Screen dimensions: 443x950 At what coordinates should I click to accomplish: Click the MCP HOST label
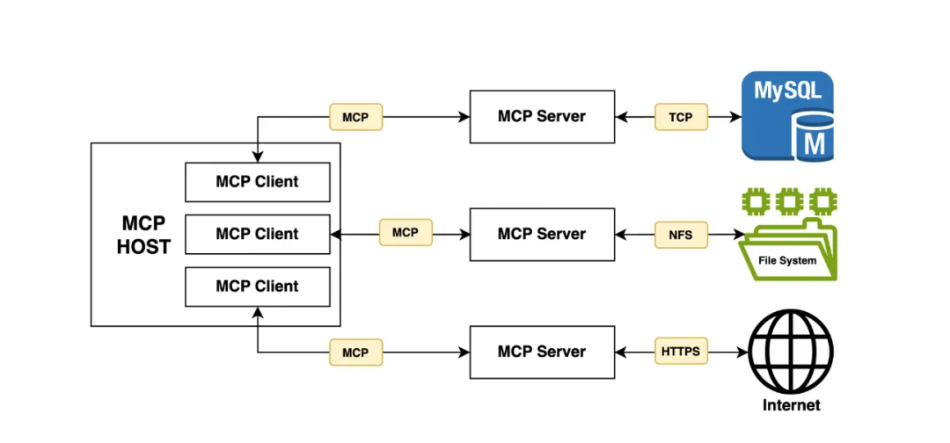tap(143, 234)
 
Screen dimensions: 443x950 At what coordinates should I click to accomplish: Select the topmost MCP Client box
tap(257, 182)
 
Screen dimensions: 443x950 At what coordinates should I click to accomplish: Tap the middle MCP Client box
tap(257, 234)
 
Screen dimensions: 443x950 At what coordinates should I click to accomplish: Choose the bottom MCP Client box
tap(257, 286)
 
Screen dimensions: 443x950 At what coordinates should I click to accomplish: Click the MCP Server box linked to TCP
tap(541, 116)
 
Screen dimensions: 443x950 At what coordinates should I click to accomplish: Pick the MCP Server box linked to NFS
tap(541, 234)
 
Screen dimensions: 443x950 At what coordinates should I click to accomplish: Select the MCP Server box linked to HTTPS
tap(541, 352)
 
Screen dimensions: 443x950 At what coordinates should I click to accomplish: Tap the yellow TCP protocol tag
tap(681, 117)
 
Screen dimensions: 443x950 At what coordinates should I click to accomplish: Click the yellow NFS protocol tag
tap(681, 234)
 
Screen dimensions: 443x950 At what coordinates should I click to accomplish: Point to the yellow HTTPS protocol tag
tap(681, 352)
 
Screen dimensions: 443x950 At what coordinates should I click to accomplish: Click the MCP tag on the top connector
tap(355, 117)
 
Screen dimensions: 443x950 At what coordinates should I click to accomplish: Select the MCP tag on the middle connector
tap(405, 233)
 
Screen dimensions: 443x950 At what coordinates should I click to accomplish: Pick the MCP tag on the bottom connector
tap(355, 352)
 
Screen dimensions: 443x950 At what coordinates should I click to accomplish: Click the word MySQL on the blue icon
tap(786, 91)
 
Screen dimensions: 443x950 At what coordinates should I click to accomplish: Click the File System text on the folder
tap(787, 260)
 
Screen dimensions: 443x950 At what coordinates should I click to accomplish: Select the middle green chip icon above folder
tap(789, 201)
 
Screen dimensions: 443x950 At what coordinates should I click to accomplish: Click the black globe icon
tap(790, 352)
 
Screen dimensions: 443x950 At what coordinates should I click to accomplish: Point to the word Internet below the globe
tap(791, 405)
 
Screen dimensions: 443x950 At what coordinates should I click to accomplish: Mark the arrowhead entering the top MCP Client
tap(257, 157)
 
